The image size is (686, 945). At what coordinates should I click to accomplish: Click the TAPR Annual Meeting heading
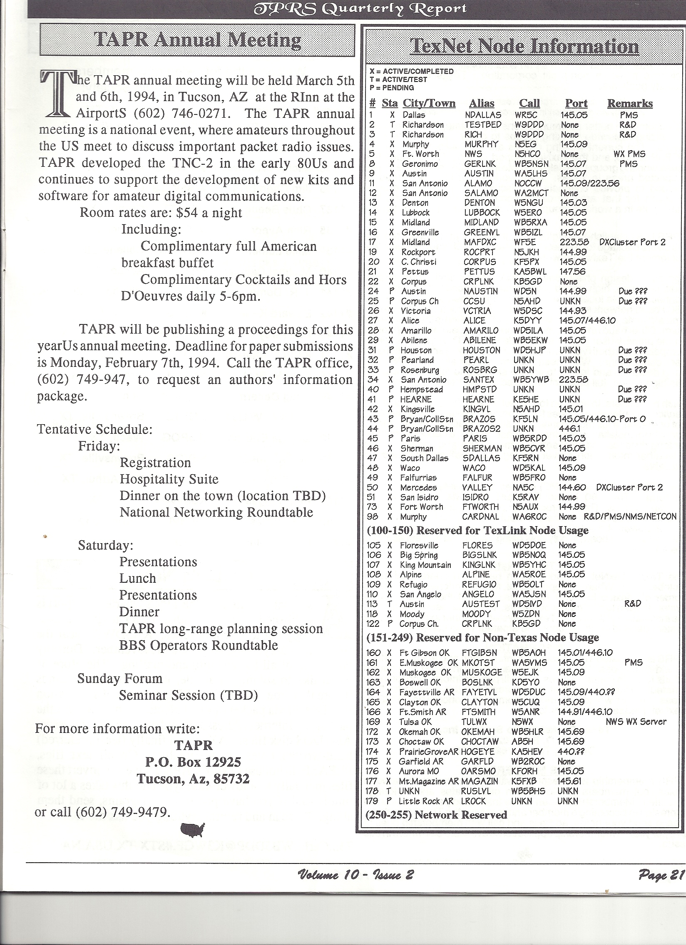[x=198, y=40]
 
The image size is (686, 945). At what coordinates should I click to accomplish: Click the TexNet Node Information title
[x=524, y=46]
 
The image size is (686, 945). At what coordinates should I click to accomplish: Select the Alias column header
[x=481, y=103]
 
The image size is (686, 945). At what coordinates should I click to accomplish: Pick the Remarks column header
[x=630, y=103]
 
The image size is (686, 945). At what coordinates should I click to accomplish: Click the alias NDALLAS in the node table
[x=482, y=115]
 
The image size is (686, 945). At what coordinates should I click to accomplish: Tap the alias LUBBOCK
[x=481, y=213]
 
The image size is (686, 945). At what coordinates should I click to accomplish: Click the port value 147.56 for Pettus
[x=573, y=272]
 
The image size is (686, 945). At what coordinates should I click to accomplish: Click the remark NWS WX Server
[x=636, y=722]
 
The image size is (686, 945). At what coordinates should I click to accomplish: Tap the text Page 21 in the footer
[x=661, y=872]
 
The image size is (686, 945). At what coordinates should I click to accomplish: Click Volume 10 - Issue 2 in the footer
[x=355, y=873]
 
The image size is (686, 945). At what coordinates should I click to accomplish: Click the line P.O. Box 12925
[x=193, y=762]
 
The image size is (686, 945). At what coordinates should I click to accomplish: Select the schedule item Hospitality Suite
[x=169, y=479]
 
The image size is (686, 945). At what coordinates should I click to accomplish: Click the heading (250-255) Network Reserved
[x=436, y=815]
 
